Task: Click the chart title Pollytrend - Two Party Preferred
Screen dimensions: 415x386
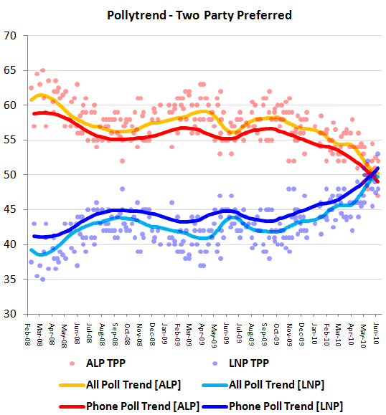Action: [193, 14]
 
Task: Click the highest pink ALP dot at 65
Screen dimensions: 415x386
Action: [43, 70]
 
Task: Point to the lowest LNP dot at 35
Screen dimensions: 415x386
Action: [43, 279]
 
